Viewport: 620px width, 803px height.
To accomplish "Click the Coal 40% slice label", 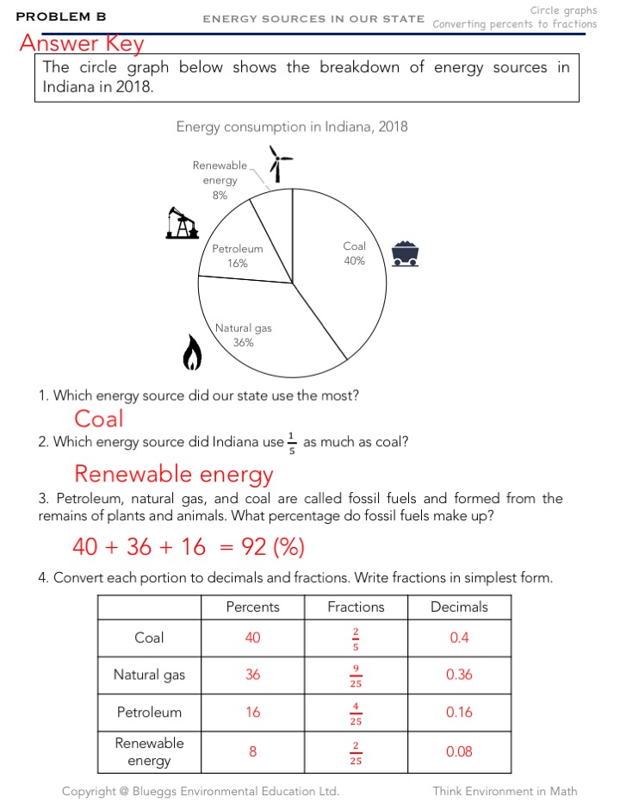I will (x=354, y=253).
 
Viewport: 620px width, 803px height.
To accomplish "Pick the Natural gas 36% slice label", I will (x=243, y=335).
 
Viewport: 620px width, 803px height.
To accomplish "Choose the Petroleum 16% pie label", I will (x=238, y=256).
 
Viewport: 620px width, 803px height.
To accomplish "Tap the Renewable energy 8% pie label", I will (x=220, y=180).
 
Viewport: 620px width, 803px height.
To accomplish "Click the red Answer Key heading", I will (x=82, y=43).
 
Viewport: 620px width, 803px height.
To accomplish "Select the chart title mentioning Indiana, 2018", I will (x=292, y=127).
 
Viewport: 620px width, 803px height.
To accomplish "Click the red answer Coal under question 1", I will (x=99, y=419).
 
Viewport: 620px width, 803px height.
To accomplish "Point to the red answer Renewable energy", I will (x=173, y=474).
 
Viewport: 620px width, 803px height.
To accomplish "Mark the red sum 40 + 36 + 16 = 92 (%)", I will (x=189, y=547).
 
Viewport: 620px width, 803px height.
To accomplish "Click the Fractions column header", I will (x=356, y=607).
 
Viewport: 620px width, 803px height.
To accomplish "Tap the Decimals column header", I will (x=459, y=607).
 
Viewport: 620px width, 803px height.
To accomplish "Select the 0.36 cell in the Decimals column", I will (x=459, y=675).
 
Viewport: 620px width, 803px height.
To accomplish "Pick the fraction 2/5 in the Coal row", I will (x=356, y=638).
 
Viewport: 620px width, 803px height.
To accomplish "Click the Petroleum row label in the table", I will (x=150, y=713).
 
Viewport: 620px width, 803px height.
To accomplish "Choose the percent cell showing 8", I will (x=252, y=751).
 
